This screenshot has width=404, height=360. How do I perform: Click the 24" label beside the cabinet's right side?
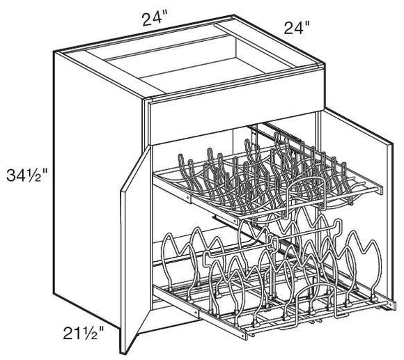[x=295, y=29]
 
